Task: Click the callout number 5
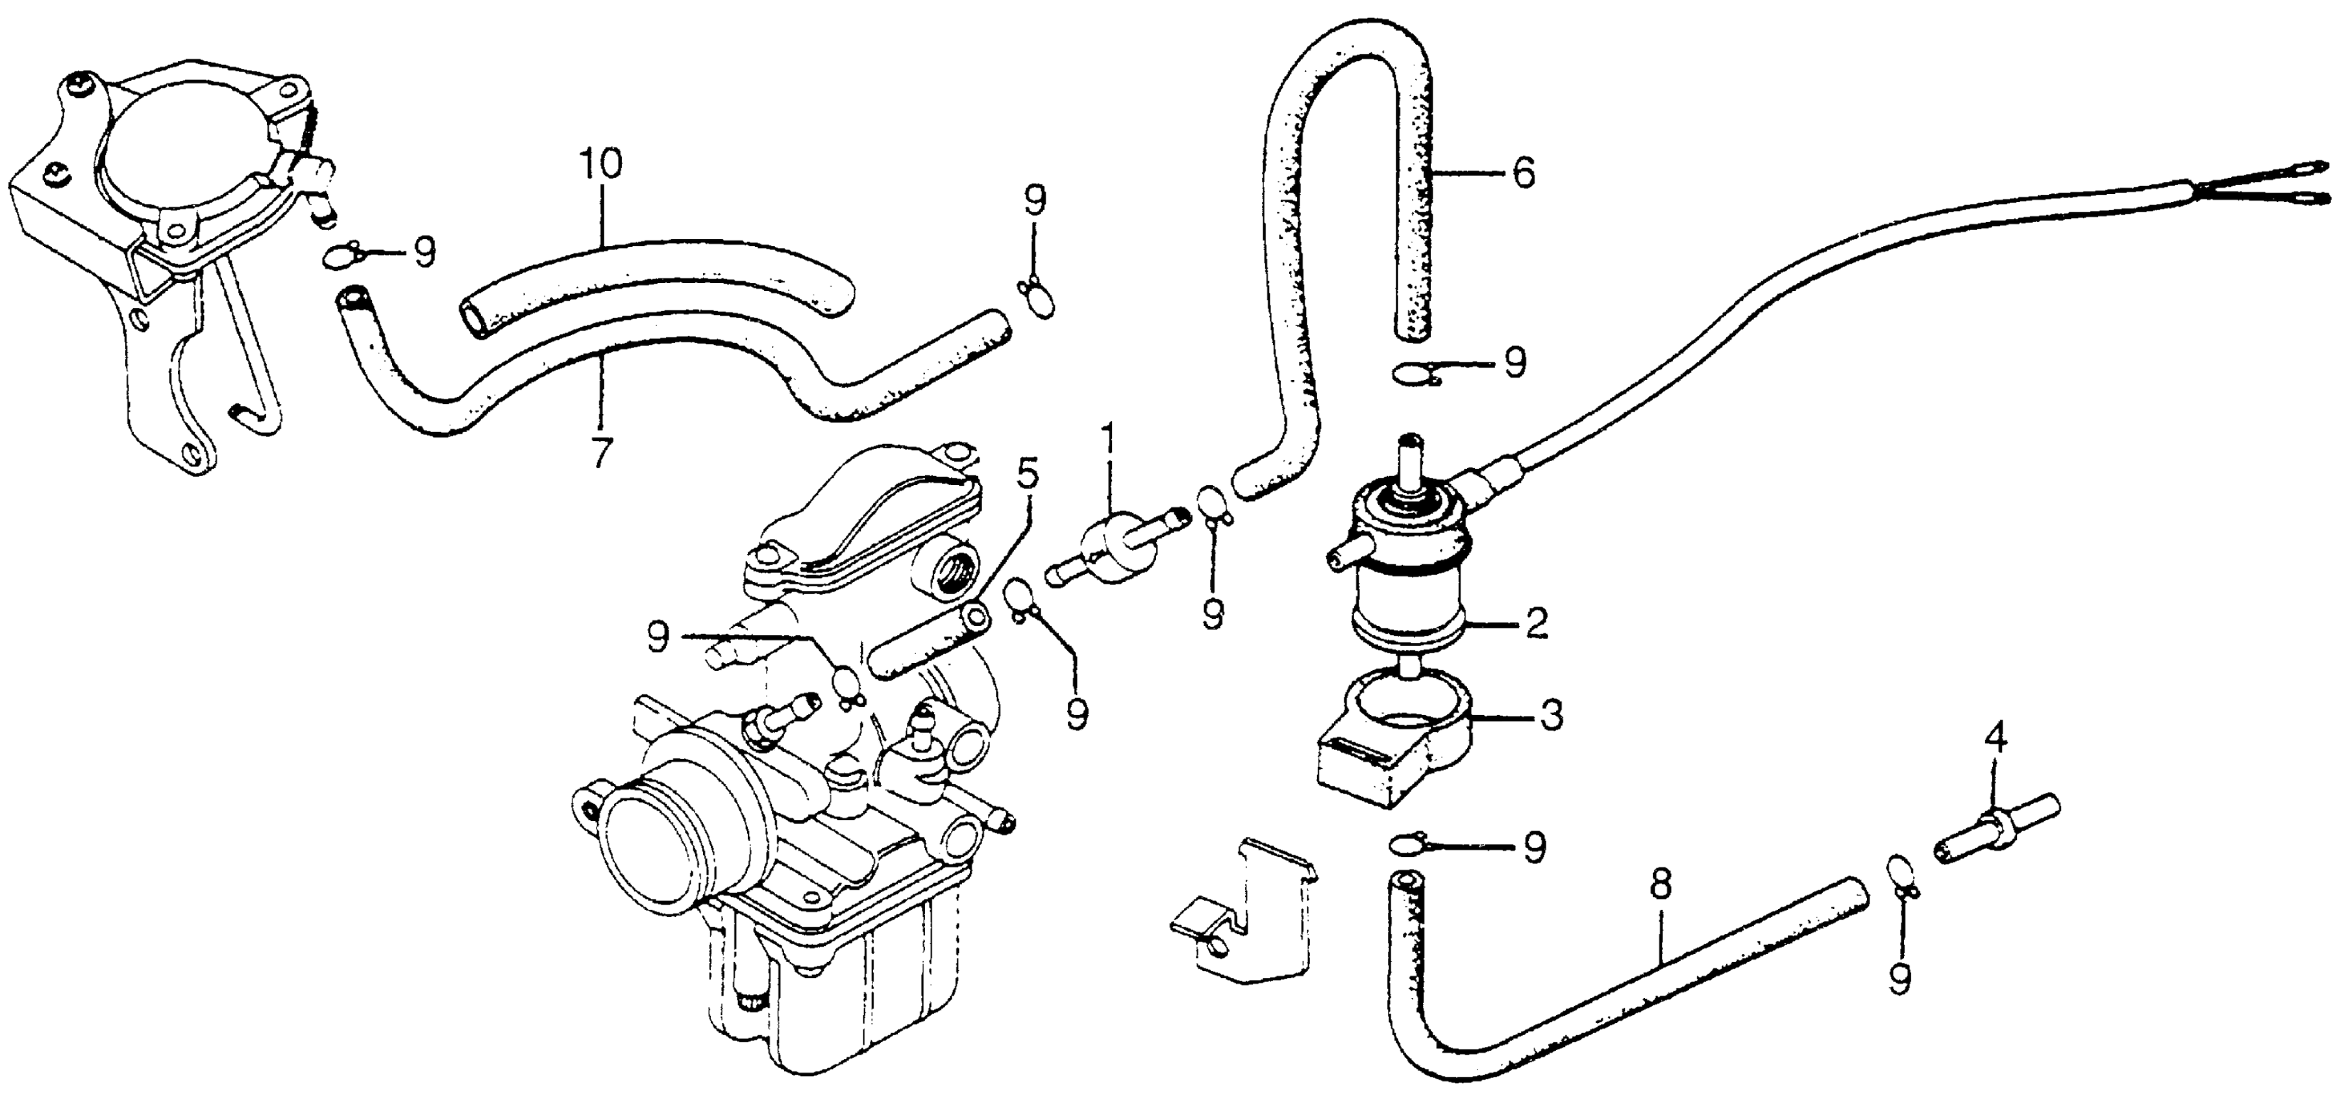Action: coord(1027,475)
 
